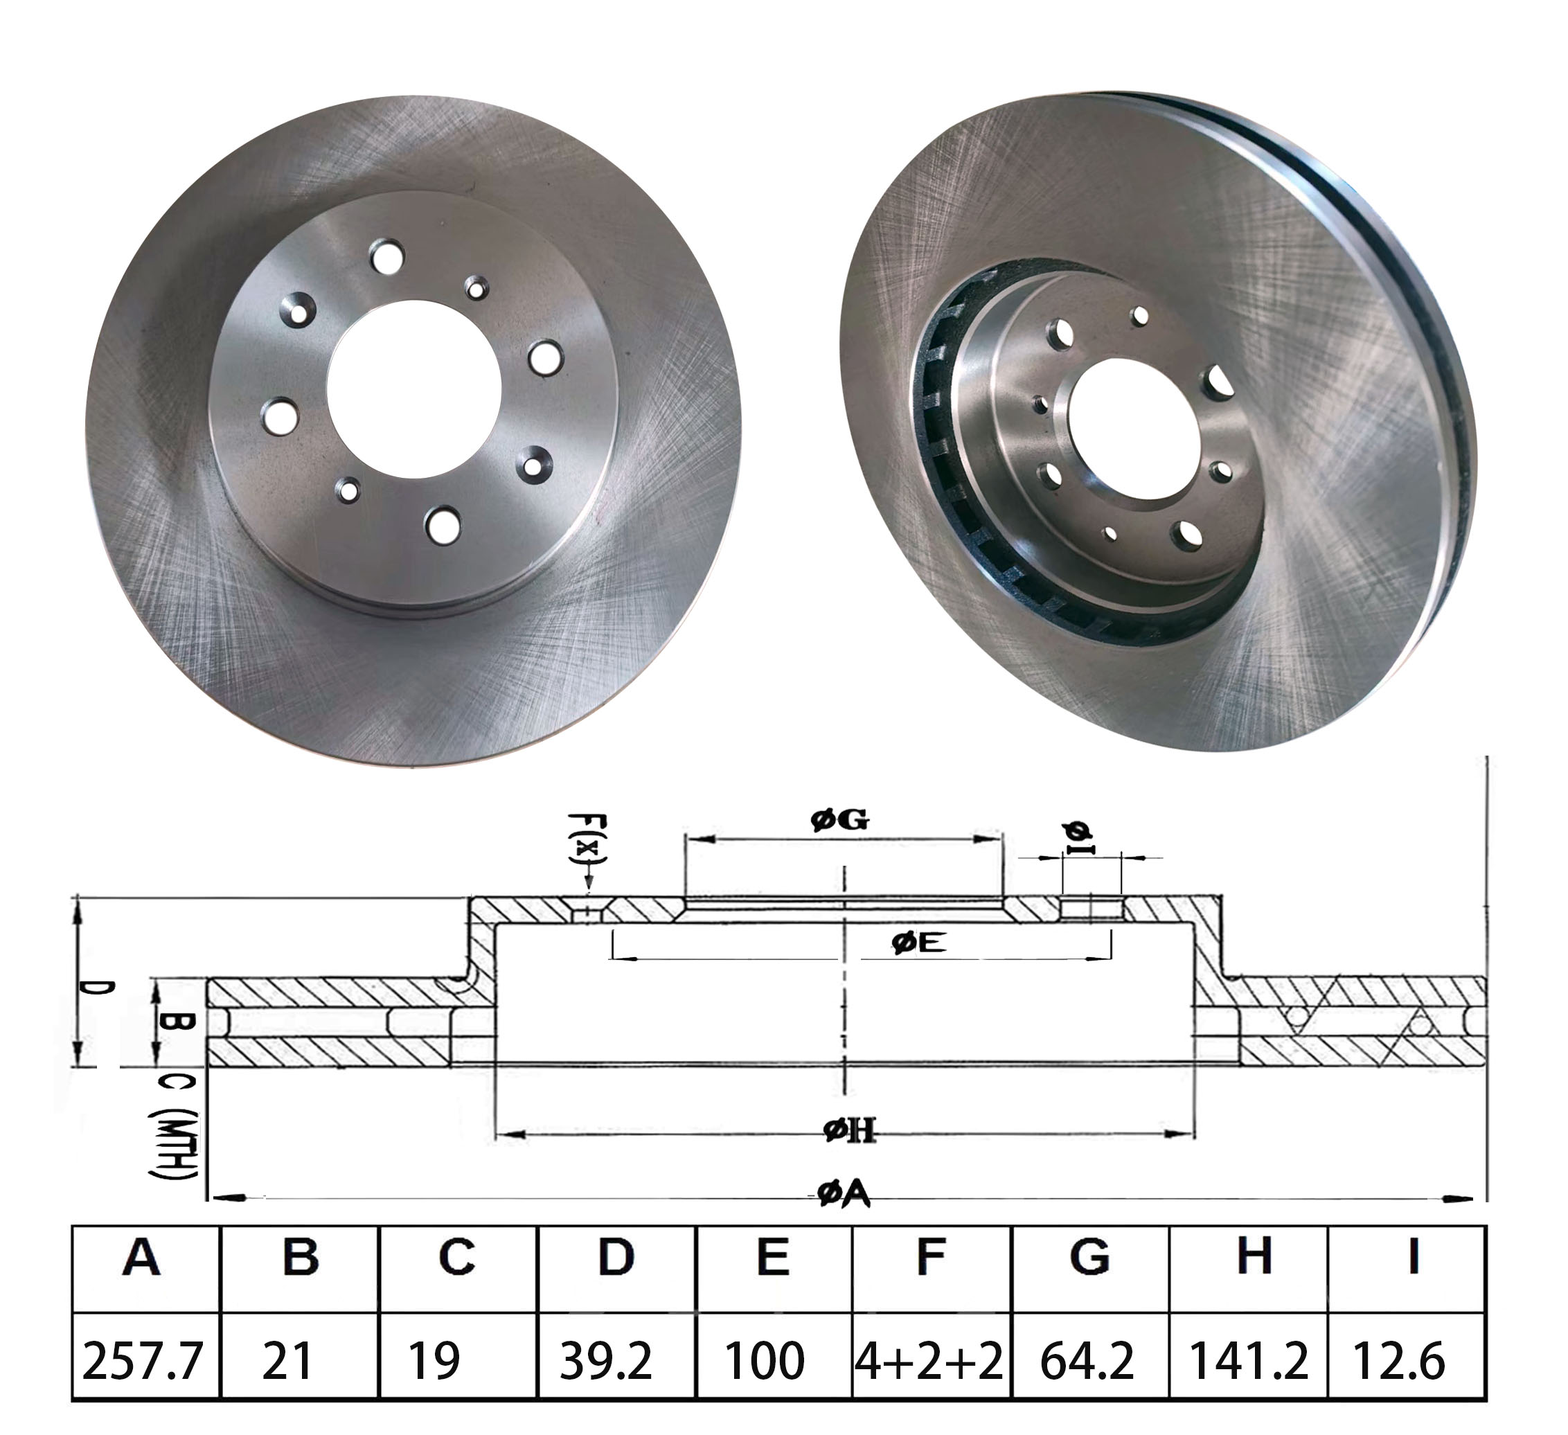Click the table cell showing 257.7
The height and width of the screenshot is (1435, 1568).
143,1360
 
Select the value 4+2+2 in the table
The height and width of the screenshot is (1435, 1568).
929,1360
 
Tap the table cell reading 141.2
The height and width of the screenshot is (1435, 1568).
1248,1360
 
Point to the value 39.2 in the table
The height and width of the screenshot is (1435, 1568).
606,1360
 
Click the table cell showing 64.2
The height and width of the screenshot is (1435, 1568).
1087,1360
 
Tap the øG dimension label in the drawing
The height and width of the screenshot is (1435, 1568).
840,820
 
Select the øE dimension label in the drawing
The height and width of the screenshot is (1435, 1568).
918,943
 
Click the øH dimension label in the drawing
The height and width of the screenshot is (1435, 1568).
849,1131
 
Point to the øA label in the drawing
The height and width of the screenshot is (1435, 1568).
844,1194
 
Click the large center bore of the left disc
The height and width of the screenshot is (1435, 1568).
413,389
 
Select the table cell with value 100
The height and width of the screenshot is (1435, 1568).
765,1360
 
